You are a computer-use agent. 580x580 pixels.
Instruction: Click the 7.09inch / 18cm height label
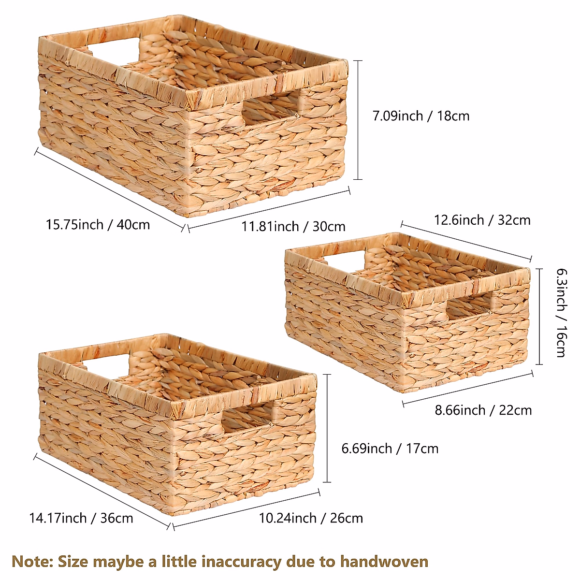[420, 116]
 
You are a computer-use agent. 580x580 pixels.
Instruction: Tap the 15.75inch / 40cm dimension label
[98, 225]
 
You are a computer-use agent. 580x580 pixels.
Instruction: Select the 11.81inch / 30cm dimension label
[293, 226]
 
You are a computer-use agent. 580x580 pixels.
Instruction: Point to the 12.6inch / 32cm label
[482, 220]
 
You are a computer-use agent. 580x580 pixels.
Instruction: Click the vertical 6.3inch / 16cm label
[561, 313]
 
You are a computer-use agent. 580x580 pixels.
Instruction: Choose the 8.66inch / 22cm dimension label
[483, 410]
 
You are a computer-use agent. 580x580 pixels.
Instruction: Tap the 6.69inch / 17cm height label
[390, 449]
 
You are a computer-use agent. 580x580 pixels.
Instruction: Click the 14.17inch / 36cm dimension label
[81, 518]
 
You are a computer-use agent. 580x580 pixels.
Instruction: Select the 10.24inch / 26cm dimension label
[311, 518]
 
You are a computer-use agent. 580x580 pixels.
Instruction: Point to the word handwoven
[384, 562]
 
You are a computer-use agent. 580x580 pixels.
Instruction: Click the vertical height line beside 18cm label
[358, 120]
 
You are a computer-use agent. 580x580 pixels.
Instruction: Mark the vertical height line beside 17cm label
[328, 428]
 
